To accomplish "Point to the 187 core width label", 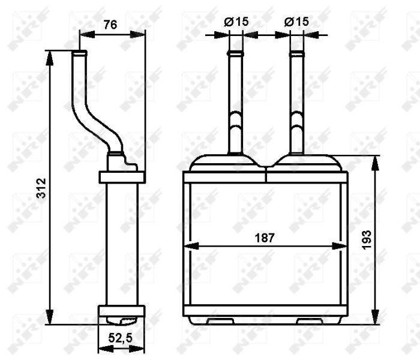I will pyautogui.click(x=264, y=237).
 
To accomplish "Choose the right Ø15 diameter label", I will pyautogui.click(x=296, y=21).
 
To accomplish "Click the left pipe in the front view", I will pyautogui.click(x=235, y=102).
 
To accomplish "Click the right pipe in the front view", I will pyautogui.click(x=296, y=102).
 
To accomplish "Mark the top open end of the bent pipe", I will pyautogui.click(x=79, y=53).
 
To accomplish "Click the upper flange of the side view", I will pyautogui.click(x=122, y=177).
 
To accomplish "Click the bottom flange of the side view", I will pyautogui.click(x=122, y=311).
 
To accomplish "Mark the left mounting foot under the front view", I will pyautogui.click(x=220, y=321).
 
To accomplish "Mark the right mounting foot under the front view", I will pyautogui.click(x=310, y=321).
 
